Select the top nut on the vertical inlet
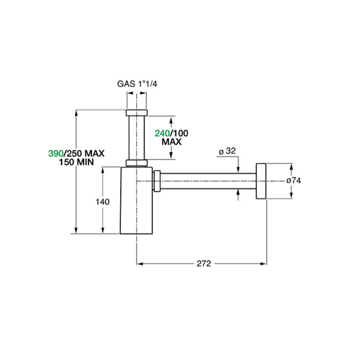137,112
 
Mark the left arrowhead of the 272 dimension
140,263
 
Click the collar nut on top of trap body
137,162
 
